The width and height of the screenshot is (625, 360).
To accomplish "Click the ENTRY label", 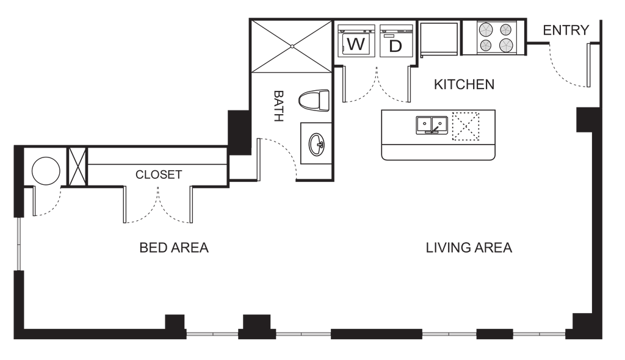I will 566,29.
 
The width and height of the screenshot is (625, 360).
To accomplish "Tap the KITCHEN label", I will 464,85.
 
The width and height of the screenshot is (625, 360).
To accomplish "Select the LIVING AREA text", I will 469,248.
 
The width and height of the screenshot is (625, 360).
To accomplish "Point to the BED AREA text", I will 175,248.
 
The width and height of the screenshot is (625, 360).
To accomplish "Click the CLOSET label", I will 158,175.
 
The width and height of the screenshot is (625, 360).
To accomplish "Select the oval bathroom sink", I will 317,145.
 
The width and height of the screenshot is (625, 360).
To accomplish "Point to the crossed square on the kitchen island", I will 465,126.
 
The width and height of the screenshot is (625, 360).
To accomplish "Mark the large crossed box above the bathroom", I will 291,44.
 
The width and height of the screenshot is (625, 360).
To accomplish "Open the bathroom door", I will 275,156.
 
